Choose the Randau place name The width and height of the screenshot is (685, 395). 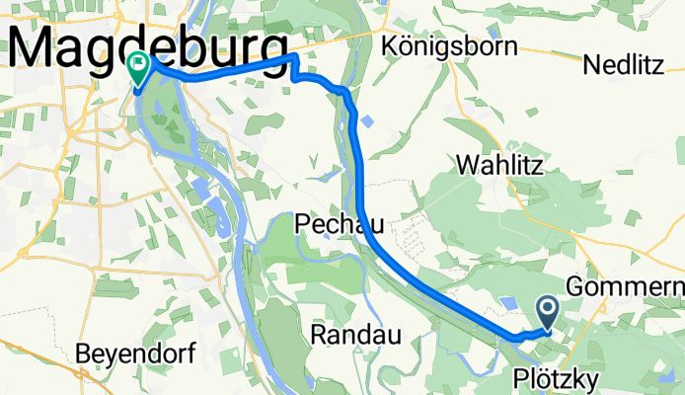[354, 335]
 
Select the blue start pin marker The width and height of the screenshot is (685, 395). [550, 312]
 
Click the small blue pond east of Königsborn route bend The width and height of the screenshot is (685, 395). [368, 121]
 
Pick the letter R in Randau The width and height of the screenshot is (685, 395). [319, 335]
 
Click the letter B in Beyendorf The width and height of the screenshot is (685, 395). [84, 354]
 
